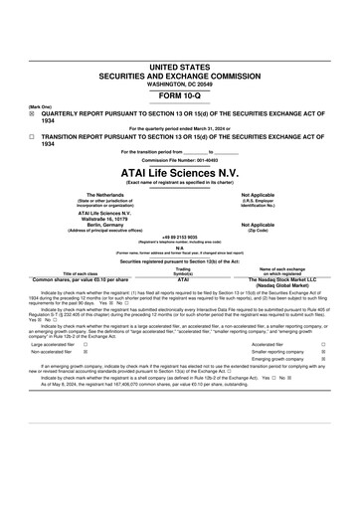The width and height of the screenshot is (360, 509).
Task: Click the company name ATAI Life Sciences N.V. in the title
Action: click(x=179, y=170)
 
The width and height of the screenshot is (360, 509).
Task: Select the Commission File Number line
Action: click(x=179, y=159)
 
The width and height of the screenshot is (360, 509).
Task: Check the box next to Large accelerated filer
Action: click(x=86, y=344)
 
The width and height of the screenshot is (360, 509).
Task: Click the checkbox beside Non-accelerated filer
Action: click(x=86, y=352)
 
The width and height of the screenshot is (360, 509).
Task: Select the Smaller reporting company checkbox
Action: click(x=324, y=352)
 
